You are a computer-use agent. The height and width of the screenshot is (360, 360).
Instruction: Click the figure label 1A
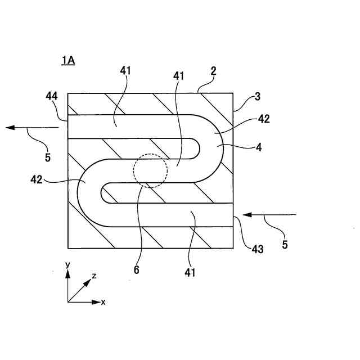[68, 61]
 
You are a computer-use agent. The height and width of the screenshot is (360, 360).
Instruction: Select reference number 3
[257, 96]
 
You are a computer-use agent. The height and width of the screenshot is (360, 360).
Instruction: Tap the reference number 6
[136, 269]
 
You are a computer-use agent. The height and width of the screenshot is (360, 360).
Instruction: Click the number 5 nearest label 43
[285, 245]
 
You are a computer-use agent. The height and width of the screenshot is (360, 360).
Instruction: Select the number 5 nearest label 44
[47, 158]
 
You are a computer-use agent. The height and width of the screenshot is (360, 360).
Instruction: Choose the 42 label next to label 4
[264, 119]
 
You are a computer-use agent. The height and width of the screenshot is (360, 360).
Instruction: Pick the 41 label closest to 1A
[125, 71]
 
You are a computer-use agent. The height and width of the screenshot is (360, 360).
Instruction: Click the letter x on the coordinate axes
[103, 302]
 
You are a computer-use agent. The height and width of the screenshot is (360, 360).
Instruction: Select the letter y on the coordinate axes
[67, 264]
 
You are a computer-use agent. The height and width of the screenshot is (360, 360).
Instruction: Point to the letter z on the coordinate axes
[94, 276]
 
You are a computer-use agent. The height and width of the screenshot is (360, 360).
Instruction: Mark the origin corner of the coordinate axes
[68, 302]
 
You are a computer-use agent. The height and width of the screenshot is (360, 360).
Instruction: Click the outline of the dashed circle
[167, 170]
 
